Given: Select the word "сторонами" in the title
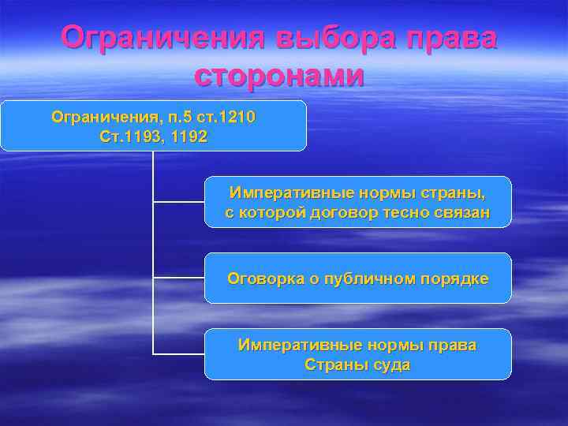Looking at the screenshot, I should coord(279,76).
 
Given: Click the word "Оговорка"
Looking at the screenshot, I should coord(261,278).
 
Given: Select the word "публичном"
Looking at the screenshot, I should coord(361,278).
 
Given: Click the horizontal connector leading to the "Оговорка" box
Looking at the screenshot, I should coord(178,278).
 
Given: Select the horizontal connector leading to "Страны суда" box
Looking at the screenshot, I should coord(178,353).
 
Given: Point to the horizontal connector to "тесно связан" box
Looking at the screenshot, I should coord(178,202).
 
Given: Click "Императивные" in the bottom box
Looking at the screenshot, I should coord(289,346).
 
